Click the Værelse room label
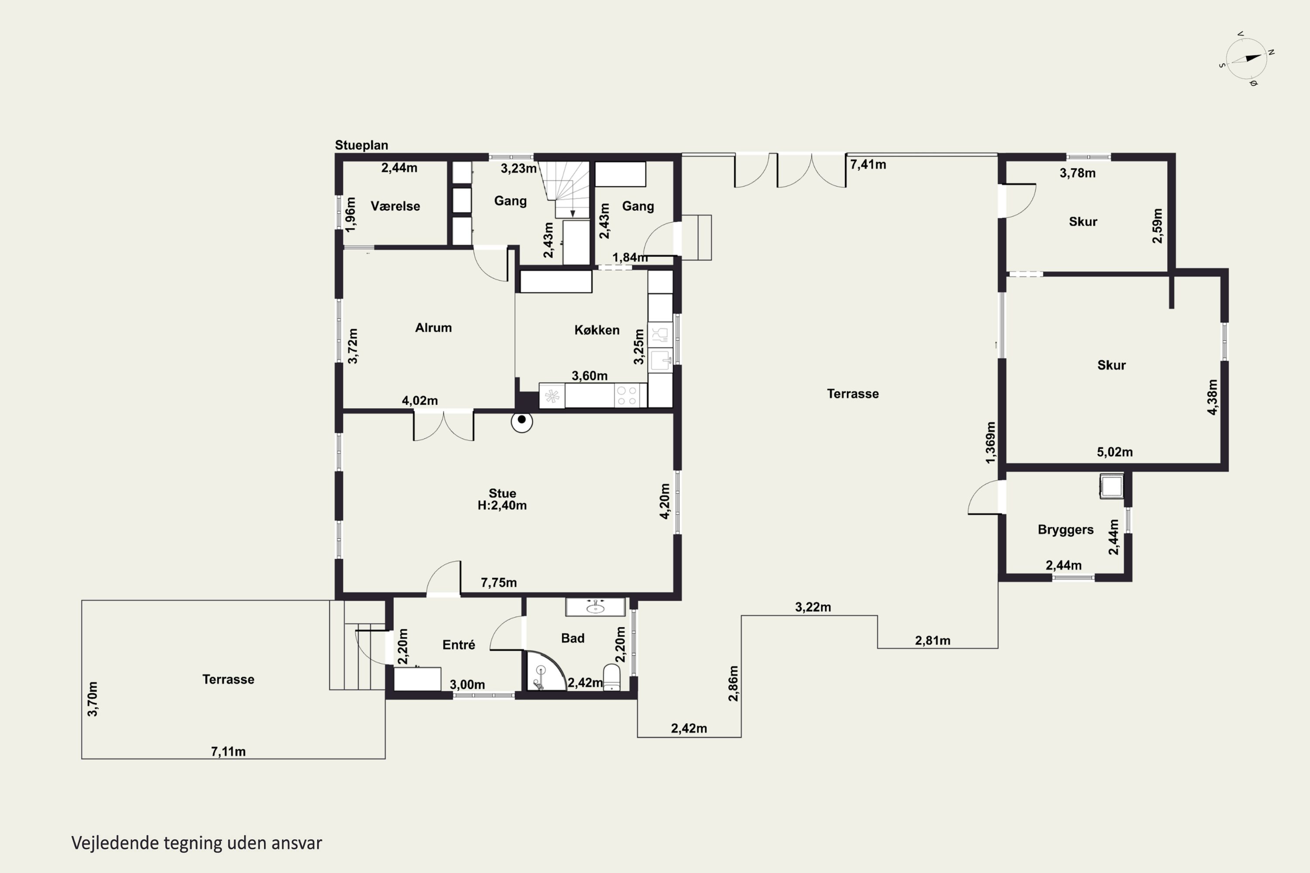[x=396, y=206]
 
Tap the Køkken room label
[x=597, y=330]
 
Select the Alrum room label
[x=433, y=327]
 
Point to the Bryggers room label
[x=1065, y=529]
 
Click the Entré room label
[x=459, y=645]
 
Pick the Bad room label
[x=572, y=638]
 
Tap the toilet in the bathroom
[x=612, y=677]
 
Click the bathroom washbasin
[x=596, y=607]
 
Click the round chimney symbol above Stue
[x=522, y=421]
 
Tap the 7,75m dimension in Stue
[x=499, y=582]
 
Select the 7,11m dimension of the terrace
[x=228, y=751]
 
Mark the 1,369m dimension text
[x=990, y=443]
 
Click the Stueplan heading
[x=362, y=145]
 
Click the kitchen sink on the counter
[x=661, y=360]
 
